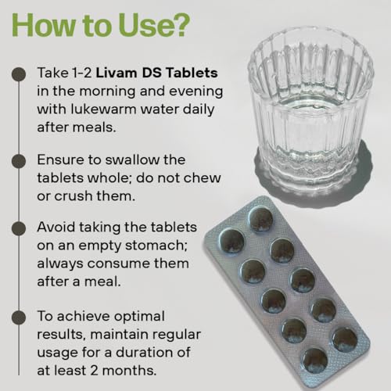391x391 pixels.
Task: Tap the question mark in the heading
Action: click(x=180, y=25)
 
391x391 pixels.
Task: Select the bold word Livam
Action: click(x=117, y=73)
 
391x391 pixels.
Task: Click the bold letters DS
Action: click(x=152, y=73)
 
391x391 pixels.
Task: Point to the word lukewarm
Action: click(x=103, y=109)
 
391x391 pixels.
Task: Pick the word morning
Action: click(x=107, y=91)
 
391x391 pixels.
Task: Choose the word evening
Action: click(x=195, y=91)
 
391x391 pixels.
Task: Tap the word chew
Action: click(x=204, y=178)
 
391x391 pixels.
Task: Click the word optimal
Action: click(x=139, y=317)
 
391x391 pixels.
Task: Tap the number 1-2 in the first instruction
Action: click(x=81, y=73)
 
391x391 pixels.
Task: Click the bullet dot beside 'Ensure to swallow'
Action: click(x=19, y=161)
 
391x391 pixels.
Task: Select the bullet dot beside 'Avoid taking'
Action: click(x=19, y=228)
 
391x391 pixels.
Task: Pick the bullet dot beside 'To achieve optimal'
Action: click(x=19, y=317)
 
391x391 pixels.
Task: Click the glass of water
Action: click(x=311, y=109)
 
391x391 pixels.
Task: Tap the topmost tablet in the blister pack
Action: click(x=260, y=218)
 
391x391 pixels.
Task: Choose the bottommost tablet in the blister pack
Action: click(x=315, y=361)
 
